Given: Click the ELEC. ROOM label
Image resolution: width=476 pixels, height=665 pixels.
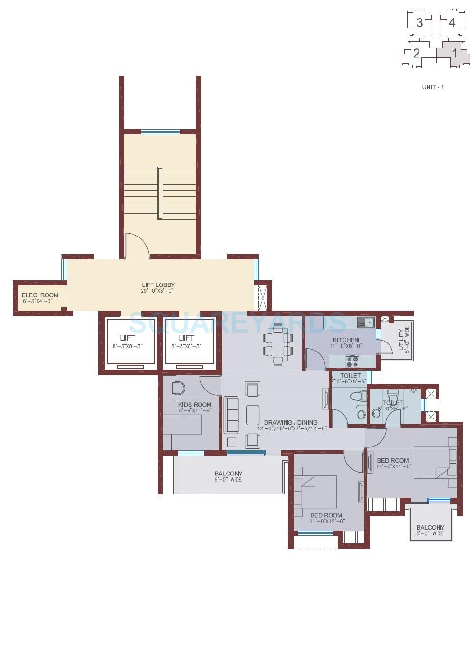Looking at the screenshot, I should coord(40,295).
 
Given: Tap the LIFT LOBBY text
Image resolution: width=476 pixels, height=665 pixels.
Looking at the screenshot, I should coord(158,285).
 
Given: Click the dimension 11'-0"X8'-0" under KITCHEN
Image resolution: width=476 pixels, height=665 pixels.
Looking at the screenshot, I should coord(345,346).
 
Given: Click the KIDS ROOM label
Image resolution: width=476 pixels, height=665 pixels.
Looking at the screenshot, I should coord(195,405).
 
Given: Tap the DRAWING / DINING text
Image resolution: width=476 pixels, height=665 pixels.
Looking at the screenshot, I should coord(290,422).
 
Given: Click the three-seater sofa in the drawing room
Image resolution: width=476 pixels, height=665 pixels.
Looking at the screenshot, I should coord(231,415).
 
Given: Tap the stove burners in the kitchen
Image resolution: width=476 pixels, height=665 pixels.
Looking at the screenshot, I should coord(352,361).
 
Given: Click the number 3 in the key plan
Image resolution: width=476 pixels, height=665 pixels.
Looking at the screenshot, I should coord(419,23).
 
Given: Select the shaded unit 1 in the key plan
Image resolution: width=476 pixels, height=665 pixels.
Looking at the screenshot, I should coord(453,53).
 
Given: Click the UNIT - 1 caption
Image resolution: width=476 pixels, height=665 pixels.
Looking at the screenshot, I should coord(433,87).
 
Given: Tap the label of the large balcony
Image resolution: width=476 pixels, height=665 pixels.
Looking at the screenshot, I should coord(228,474).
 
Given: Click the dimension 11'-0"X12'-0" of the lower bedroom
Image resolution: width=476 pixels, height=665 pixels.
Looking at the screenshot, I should coord(327,521).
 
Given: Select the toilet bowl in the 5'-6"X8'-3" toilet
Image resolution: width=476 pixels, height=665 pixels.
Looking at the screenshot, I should coord(356,396).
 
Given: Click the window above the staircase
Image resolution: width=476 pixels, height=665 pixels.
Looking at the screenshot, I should coord(160,132).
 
